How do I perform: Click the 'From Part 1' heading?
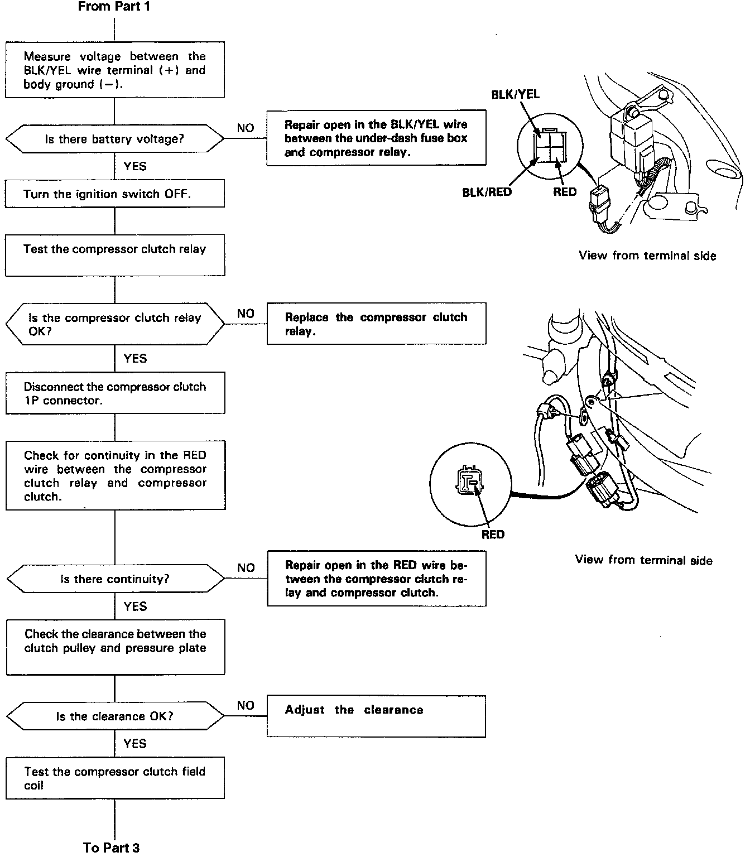coord(114,7)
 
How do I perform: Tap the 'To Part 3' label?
coord(112,847)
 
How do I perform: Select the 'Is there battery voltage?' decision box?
coord(114,139)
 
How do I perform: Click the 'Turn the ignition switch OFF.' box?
coord(115,194)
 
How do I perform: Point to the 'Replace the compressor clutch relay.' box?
coord(376,324)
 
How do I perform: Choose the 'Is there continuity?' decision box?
coord(115,579)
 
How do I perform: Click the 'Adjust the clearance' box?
coord(376,716)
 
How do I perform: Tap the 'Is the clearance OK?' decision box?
coord(115,716)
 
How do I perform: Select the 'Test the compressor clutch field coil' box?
coord(115,778)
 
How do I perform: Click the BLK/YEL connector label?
coord(515,94)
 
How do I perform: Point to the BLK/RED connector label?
coord(487,192)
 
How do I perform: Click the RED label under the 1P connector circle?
coord(493,535)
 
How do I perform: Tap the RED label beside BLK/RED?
coord(565,192)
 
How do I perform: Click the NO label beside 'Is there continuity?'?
coord(246,567)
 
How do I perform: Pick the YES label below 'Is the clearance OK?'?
coord(135,743)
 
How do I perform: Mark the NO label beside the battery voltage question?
coord(246,128)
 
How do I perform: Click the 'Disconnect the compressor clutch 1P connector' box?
coord(115,393)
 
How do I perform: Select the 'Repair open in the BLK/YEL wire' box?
coord(376,138)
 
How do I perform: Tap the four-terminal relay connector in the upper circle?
coord(550,147)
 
